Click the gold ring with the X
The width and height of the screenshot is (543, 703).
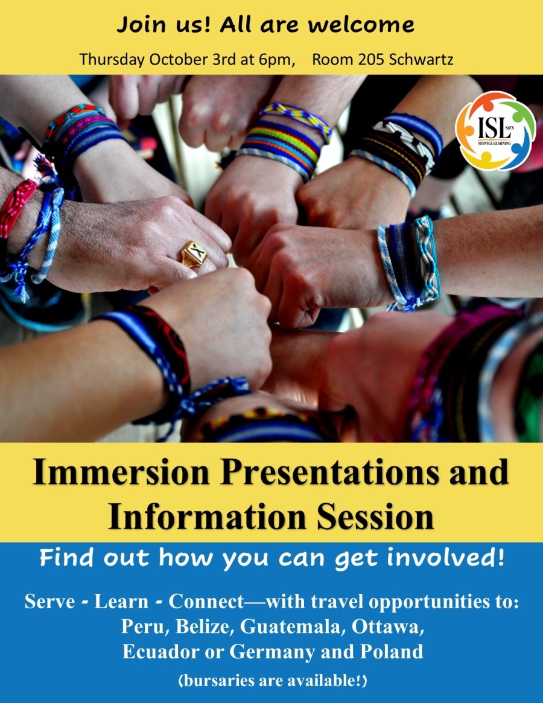(194, 255)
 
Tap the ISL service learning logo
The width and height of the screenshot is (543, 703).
(495, 130)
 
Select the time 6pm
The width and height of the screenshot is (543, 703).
(276, 60)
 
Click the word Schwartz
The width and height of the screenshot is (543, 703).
(421, 59)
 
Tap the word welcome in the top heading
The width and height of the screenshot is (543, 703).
(361, 25)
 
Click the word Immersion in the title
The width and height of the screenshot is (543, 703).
(122, 472)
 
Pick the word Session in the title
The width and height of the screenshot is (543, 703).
(375, 517)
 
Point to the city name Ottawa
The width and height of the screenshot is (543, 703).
(387, 626)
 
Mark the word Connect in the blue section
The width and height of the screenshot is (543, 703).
(206, 601)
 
